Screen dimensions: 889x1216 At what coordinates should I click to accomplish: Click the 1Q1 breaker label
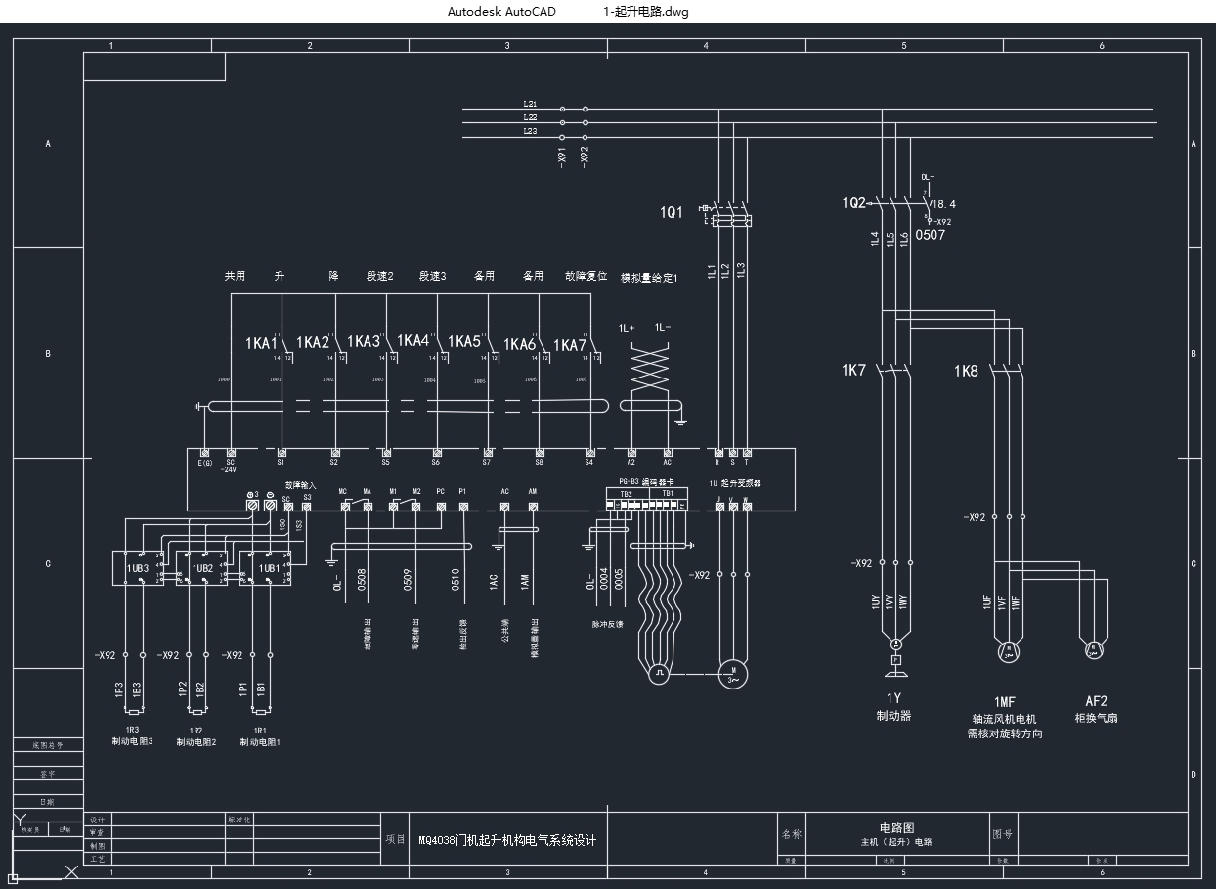click(x=672, y=212)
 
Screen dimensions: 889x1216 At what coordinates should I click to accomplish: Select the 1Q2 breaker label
click(x=853, y=202)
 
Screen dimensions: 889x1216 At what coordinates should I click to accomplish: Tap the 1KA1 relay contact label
click(x=261, y=343)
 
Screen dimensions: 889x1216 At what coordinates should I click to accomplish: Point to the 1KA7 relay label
click(x=569, y=345)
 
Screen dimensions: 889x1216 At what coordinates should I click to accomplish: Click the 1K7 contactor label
click(x=853, y=371)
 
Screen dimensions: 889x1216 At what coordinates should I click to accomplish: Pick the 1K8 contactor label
click(x=966, y=371)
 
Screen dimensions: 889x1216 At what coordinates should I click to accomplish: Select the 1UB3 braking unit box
click(x=138, y=567)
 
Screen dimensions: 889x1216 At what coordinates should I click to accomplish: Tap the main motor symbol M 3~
click(x=733, y=674)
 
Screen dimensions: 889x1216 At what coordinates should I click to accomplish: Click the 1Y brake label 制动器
click(x=893, y=716)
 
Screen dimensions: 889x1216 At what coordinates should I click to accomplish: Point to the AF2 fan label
click(x=1096, y=701)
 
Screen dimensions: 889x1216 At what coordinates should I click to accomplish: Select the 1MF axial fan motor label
click(x=1004, y=702)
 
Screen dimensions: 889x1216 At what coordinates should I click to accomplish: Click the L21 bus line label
click(x=530, y=104)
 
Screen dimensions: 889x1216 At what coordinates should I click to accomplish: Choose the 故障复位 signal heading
click(x=586, y=277)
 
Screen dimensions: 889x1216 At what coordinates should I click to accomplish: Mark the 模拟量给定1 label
click(x=649, y=278)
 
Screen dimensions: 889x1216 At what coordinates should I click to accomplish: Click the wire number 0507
click(x=930, y=235)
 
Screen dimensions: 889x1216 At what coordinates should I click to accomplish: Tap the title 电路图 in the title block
click(x=896, y=827)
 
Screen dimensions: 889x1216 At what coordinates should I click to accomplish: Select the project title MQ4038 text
click(x=506, y=840)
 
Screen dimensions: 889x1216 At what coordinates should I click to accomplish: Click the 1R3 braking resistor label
click(x=132, y=730)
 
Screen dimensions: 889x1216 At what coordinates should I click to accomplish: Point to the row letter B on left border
click(x=48, y=354)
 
